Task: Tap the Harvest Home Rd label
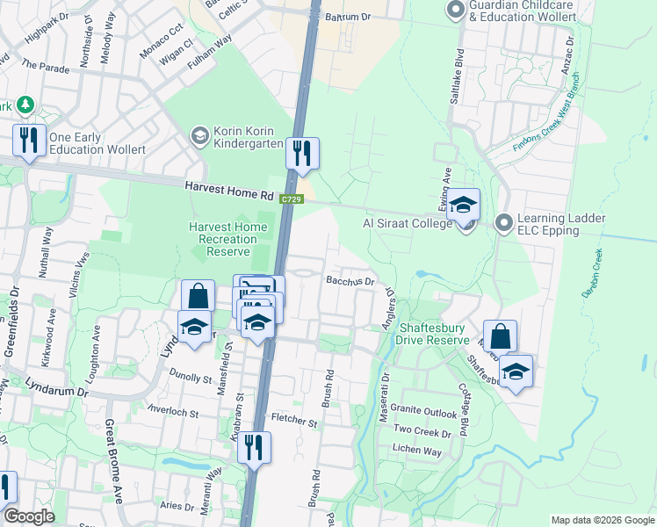pyautogui.click(x=230, y=190)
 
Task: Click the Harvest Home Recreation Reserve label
pyautogui.click(x=227, y=239)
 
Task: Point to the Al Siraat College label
pyautogui.click(x=408, y=223)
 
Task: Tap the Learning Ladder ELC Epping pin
pyautogui.click(x=503, y=223)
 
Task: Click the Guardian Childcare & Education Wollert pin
pyautogui.click(x=455, y=11)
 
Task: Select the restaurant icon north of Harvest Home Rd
pyautogui.click(x=302, y=153)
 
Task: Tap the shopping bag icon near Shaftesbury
pyautogui.click(x=499, y=336)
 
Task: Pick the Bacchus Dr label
pyautogui.click(x=350, y=282)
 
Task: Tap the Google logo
pyautogui.click(x=29, y=517)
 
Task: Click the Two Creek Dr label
pyautogui.click(x=422, y=432)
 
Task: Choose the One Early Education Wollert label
pyautogui.click(x=97, y=144)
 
